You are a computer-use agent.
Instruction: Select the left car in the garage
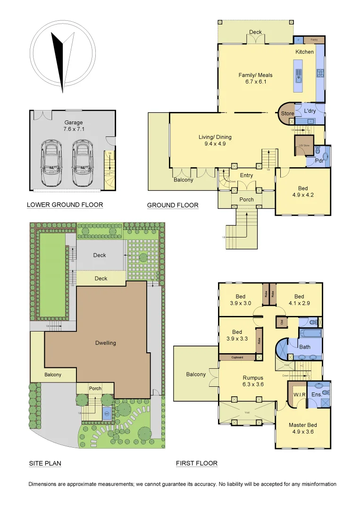tap(50, 161)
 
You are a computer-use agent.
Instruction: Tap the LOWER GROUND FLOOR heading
tap(65, 205)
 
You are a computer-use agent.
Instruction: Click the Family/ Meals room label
tap(255, 78)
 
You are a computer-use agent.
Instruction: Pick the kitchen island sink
tap(299, 74)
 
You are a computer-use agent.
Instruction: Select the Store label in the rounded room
tap(287, 114)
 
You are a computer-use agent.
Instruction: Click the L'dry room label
tap(310, 110)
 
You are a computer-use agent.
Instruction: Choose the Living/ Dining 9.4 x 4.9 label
tap(215, 141)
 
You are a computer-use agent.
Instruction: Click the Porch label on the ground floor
tap(247, 199)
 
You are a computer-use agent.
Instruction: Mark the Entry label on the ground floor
tap(247, 175)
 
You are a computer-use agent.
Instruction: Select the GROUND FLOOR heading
tap(173, 205)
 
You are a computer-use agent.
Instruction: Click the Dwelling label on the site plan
tap(105, 343)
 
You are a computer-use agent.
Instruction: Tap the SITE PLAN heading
tap(45, 464)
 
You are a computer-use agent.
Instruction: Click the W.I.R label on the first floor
tap(297, 394)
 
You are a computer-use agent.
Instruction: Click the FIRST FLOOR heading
tap(197, 464)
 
